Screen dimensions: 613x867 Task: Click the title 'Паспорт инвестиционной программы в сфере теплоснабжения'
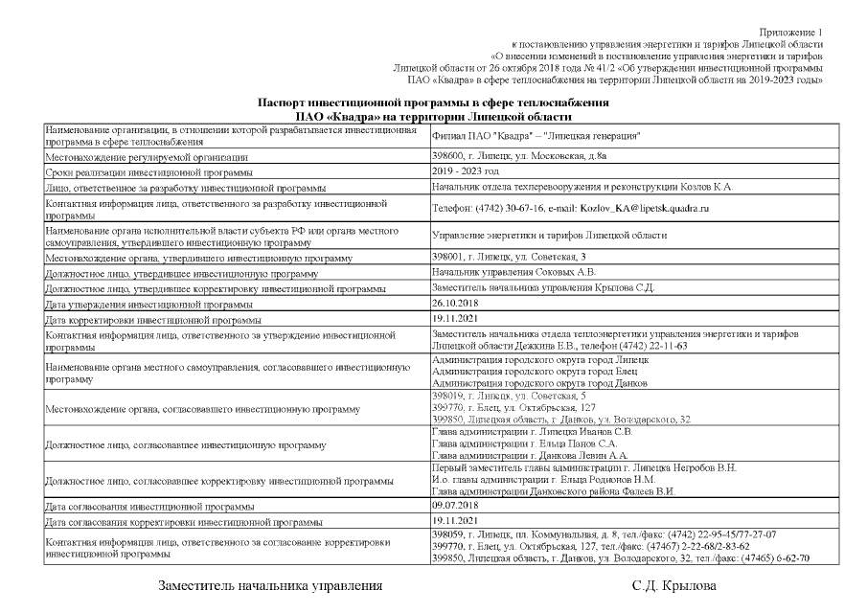pyautogui.click(x=433, y=102)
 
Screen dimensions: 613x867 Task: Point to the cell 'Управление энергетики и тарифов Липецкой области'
pyautogui.click(x=549, y=235)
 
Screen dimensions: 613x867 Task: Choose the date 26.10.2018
pyautogui.click(x=459, y=303)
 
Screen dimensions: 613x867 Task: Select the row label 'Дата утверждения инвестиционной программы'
pyautogui.click(x=143, y=304)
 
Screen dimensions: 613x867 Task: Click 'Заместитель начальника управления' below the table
pyautogui.click(x=270, y=585)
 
